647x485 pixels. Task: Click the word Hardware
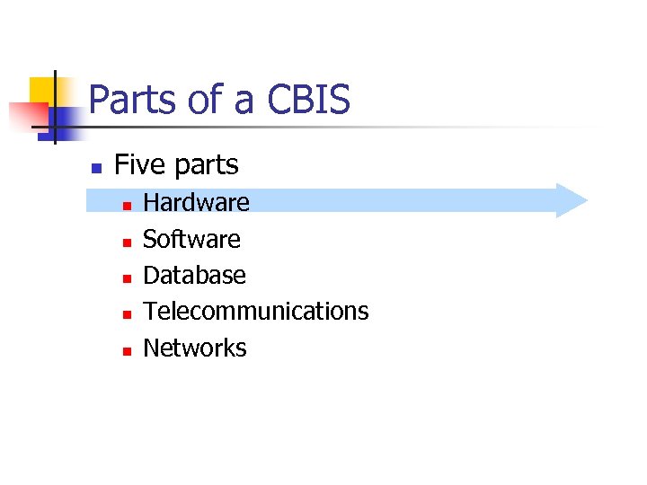pyautogui.click(x=196, y=202)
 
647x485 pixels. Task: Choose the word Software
pyautogui.click(x=191, y=239)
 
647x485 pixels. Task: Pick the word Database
pyautogui.click(x=194, y=275)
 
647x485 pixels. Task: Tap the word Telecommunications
pyautogui.click(x=256, y=311)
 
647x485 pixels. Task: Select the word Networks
pyautogui.click(x=194, y=348)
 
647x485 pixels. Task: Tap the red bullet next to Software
pyautogui.click(x=127, y=242)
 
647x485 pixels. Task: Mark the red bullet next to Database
pyautogui.click(x=127, y=278)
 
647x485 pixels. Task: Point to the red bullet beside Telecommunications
pyautogui.click(x=127, y=313)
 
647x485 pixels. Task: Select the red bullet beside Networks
pyautogui.click(x=127, y=350)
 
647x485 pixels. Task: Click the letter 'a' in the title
pyautogui.click(x=244, y=103)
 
